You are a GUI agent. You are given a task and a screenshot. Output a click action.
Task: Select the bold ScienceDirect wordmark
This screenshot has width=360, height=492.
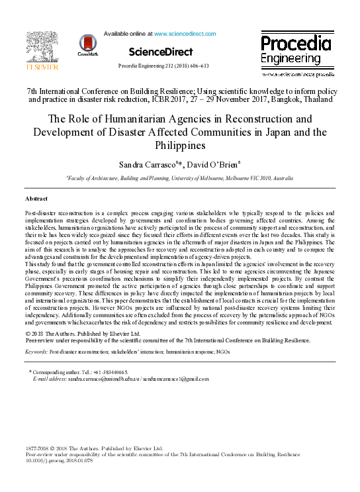(161, 52)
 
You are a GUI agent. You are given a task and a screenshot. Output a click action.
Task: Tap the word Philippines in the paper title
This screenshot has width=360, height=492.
(179, 144)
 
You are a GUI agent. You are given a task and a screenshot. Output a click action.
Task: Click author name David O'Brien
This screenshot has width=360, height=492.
(207, 163)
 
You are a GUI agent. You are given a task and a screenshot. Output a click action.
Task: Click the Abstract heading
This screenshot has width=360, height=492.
(36, 199)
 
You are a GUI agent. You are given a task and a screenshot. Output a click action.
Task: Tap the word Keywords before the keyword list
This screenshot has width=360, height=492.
(37, 351)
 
